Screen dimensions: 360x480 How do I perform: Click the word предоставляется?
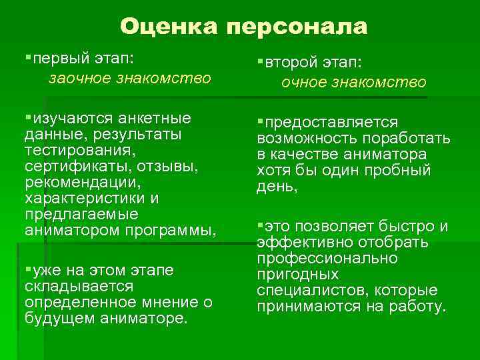click(x=331, y=123)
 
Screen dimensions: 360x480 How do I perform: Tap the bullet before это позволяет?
click(x=261, y=222)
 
